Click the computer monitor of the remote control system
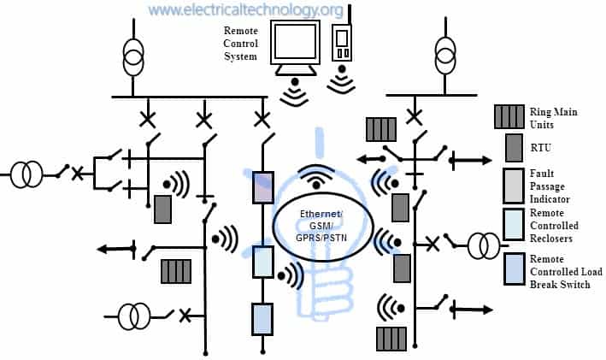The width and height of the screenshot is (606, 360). (296, 42)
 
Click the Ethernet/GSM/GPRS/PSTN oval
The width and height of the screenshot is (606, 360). (321, 225)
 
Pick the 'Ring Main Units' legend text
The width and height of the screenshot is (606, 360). (555, 116)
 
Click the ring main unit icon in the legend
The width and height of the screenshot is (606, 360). (509, 116)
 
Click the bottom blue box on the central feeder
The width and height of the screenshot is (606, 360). (262, 318)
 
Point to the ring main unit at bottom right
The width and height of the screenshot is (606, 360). (392, 338)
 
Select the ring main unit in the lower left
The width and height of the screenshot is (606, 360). (176, 271)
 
